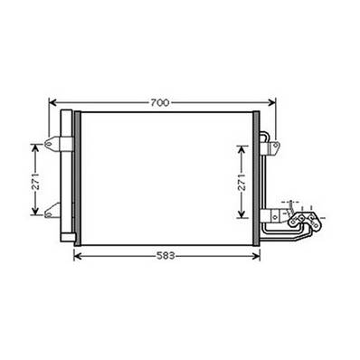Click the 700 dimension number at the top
click(159, 103)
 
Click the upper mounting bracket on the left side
click(60, 143)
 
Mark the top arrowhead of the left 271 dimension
click(35, 145)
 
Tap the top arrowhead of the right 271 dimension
click(242, 145)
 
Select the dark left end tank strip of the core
click(77, 177)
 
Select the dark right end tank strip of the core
click(256, 177)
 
